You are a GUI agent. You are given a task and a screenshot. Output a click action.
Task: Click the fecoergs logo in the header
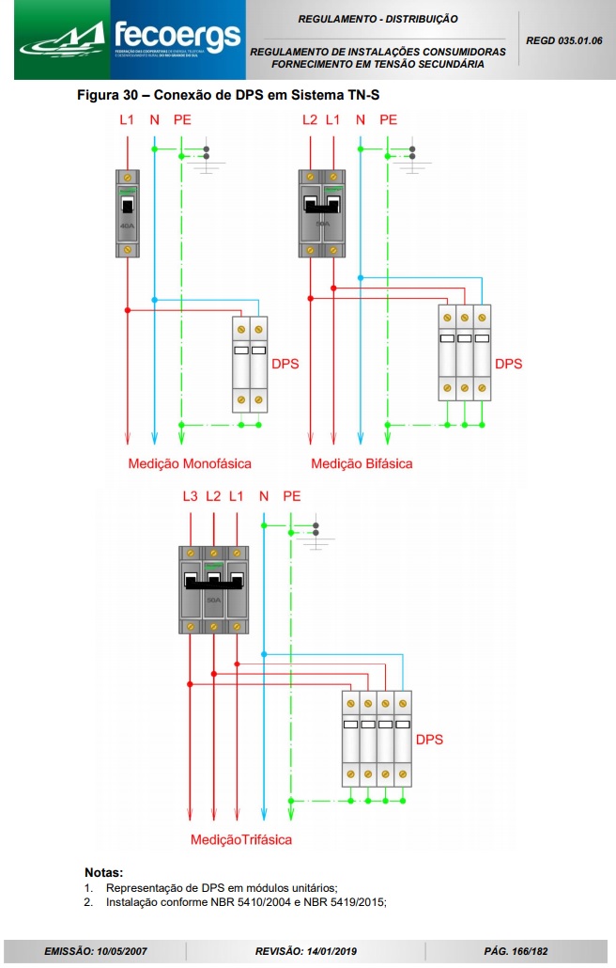point(130,40)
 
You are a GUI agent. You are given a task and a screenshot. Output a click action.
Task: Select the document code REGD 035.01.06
point(564,40)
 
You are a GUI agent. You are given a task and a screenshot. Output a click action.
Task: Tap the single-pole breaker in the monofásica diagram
point(127,213)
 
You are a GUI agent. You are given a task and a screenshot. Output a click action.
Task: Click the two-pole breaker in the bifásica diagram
point(321,213)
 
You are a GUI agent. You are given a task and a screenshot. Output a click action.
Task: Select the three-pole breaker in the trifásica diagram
point(214,589)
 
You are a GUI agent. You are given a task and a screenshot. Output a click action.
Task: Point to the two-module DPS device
point(251,365)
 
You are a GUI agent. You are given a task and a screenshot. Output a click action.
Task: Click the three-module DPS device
point(465,352)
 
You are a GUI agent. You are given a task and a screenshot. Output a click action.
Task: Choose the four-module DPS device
point(377,738)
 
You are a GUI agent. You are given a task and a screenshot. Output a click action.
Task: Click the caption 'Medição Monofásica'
point(190,463)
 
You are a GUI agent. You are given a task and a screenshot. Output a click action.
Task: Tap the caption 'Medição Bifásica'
point(362,463)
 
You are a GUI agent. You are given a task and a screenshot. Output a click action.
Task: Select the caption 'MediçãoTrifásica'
point(241,839)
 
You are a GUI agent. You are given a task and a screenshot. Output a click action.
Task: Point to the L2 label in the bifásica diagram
point(310,119)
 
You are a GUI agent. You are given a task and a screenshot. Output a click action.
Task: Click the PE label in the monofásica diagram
point(182,119)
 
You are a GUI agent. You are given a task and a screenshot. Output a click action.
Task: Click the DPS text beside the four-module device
point(428,739)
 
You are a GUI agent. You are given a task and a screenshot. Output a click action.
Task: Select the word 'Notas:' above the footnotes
point(103,872)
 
